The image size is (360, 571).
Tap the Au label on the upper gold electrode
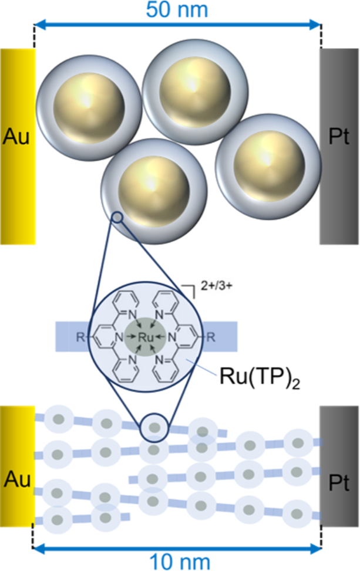point(17,137)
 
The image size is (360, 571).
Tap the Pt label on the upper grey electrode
point(339,137)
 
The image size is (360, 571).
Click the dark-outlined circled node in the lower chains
point(154,427)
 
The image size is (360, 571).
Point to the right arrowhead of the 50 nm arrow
point(318,25)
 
